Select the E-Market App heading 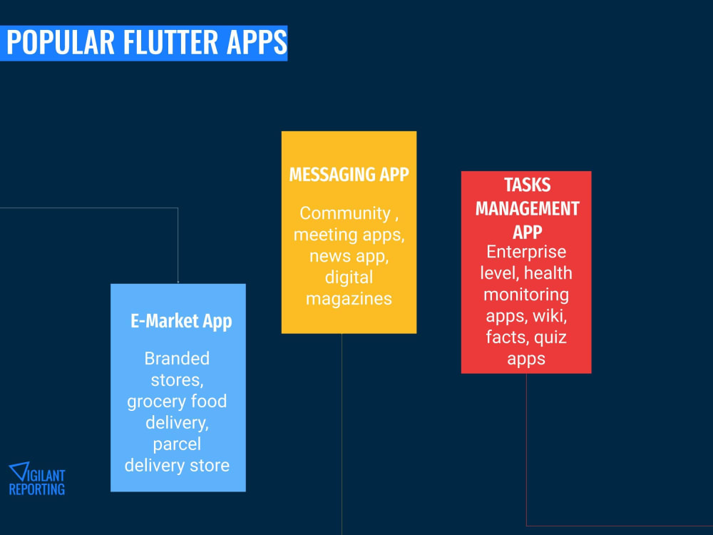(x=181, y=321)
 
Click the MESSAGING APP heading (x=349, y=175)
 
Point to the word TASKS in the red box (x=527, y=185)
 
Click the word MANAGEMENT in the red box (x=527, y=208)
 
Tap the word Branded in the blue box (x=177, y=358)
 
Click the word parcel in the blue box (x=177, y=444)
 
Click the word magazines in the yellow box (x=349, y=298)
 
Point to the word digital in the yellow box (x=349, y=277)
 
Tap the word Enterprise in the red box (x=526, y=251)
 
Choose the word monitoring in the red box (x=526, y=294)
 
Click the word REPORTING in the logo (x=36, y=489)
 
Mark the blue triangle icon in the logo (x=17, y=472)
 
